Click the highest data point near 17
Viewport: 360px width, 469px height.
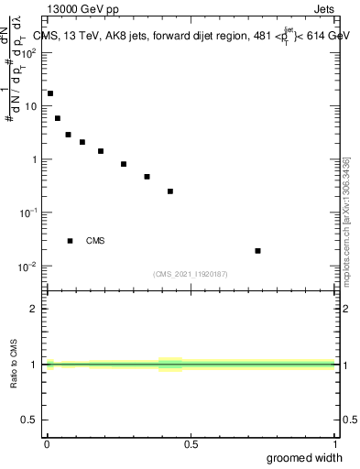tap(50, 93)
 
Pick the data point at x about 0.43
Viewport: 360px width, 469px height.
tap(170, 191)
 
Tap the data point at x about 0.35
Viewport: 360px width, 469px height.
tap(147, 177)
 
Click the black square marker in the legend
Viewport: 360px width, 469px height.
tap(71, 241)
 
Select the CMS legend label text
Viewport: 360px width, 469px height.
tap(95, 241)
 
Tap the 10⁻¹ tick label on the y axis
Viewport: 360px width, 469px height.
tap(28, 213)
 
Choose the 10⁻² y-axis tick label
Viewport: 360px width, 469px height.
tap(28, 267)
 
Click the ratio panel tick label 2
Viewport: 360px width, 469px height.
tap(34, 309)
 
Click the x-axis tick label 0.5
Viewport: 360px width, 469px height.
tap(191, 444)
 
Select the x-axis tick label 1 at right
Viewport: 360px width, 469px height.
tap(335, 444)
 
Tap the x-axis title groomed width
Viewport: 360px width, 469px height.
tap(305, 457)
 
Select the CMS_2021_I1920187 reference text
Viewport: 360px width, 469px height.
tap(191, 273)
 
